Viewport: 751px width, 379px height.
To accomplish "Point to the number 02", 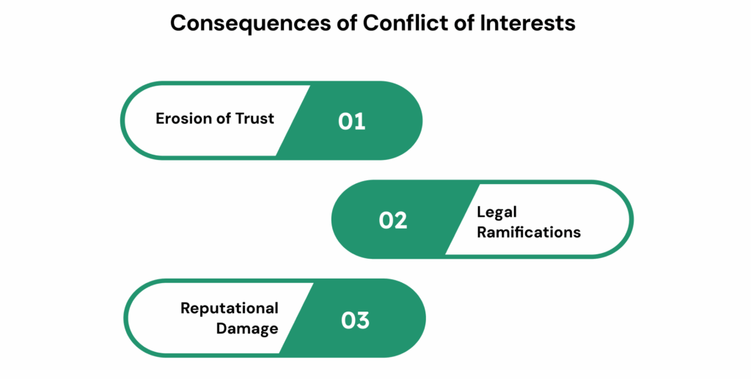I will pyautogui.click(x=393, y=220).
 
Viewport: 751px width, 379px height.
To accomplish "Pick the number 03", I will pyautogui.click(x=356, y=320).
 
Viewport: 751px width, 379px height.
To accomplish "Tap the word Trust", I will pyautogui.click(x=254, y=118).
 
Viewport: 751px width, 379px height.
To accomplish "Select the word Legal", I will pyautogui.click(x=497, y=213).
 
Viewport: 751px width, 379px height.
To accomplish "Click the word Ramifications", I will pyautogui.click(x=528, y=232).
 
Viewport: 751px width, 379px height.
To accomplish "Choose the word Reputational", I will pyautogui.click(x=230, y=308).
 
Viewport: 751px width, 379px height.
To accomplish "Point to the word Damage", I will pyautogui.click(x=247, y=328).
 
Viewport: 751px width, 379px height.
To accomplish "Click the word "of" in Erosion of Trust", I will pyautogui.click(x=222, y=118).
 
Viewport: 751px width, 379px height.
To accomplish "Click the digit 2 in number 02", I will pyautogui.click(x=401, y=220).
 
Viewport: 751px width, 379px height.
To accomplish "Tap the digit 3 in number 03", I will pyautogui.click(x=364, y=320).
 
